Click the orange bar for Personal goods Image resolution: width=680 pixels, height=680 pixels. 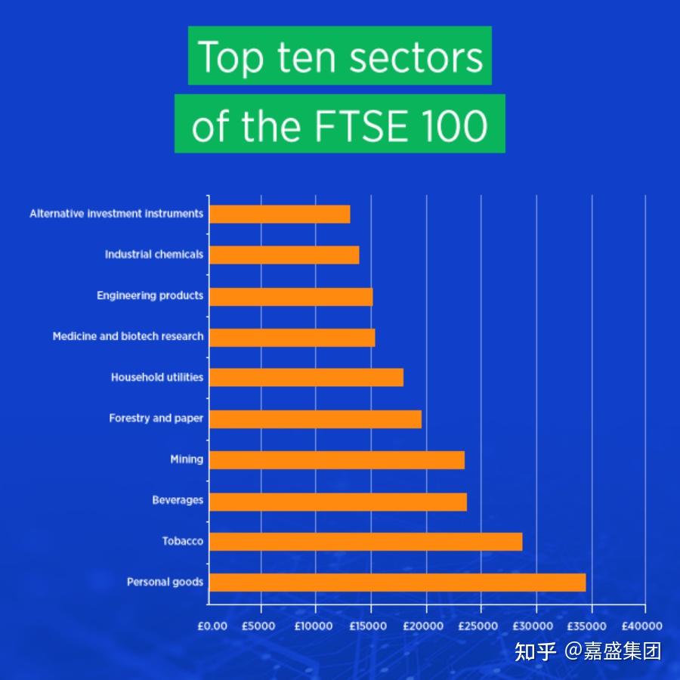397,582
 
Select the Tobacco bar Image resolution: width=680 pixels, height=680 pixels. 365,541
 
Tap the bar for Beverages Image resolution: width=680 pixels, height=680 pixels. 338,501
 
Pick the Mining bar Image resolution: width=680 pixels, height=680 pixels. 336,459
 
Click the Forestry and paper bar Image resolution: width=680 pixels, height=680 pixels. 315,419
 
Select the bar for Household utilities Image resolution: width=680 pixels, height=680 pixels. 306,377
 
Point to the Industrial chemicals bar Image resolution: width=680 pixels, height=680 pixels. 284,255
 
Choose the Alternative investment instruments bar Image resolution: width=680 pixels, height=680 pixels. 280,214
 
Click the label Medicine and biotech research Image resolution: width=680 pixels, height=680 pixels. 128,336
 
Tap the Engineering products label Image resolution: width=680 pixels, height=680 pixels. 150,295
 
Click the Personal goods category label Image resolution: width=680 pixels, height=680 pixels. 165,582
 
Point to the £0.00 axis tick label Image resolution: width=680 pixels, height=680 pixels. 212,626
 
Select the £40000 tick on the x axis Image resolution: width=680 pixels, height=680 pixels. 643,626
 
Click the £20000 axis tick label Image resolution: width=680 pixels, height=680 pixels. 423,626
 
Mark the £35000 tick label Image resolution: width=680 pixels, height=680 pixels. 587,626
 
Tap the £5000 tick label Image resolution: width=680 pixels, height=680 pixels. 258,626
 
